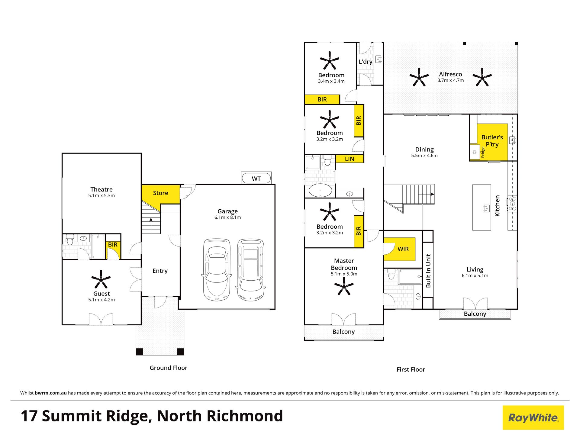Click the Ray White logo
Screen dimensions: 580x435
(533, 417)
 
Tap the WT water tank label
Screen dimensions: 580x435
(256, 179)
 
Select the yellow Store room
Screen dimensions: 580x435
(160, 195)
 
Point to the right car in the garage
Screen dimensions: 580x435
(251, 270)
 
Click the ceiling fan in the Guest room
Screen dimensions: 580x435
(101, 279)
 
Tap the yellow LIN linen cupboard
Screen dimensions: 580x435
(350, 159)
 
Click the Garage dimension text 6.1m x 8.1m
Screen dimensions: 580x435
(227, 217)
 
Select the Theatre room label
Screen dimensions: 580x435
(101, 189)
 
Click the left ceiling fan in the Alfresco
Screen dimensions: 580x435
(419, 77)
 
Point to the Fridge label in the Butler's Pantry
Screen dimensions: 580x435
(483, 152)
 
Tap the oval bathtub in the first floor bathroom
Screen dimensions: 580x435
(320, 191)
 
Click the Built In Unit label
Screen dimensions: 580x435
(428, 271)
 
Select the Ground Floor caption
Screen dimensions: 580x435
(169, 368)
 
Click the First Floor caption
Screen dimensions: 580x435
(411, 369)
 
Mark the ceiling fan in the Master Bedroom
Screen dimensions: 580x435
(344, 286)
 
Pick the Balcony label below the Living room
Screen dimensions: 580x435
(475, 314)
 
